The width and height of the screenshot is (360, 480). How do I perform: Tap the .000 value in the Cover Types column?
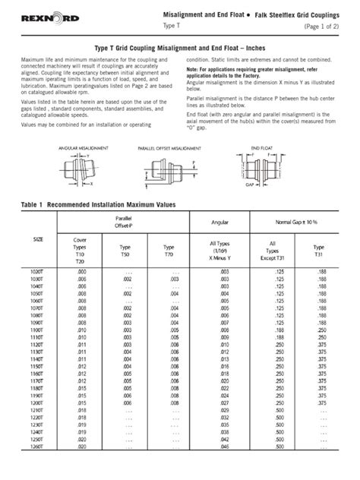(x=81, y=271)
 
